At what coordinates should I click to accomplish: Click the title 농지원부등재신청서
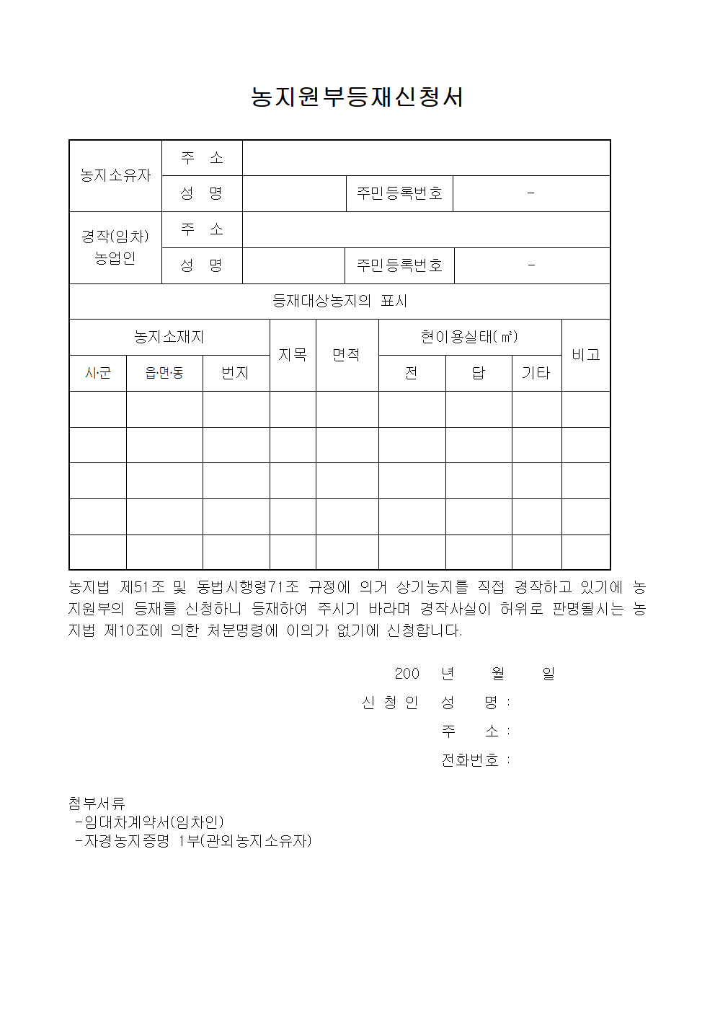point(357,97)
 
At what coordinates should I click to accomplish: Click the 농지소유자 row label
point(115,175)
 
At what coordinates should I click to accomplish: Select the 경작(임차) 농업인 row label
point(115,247)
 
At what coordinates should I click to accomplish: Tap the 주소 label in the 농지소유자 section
point(202,157)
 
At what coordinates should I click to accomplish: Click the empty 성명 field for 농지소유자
point(294,193)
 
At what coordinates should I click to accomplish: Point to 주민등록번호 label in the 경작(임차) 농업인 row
point(399,265)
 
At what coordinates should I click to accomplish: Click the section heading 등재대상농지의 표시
point(339,301)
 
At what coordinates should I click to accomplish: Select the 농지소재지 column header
point(169,337)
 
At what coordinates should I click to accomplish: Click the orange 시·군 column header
point(98,373)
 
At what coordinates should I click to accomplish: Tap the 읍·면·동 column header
point(164,373)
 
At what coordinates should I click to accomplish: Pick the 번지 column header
point(236,373)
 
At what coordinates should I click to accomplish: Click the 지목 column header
point(293,355)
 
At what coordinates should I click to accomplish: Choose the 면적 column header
point(347,355)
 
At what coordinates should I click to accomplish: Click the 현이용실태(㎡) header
point(469,337)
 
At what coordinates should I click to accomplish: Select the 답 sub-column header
point(479,373)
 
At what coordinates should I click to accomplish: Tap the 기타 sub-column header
point(536,373)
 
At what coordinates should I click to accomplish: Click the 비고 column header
point(586,355)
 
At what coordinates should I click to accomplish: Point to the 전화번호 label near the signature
point(470,760)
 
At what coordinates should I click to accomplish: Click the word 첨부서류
point(97,803)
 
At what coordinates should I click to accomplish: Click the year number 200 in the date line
point(407,673)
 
